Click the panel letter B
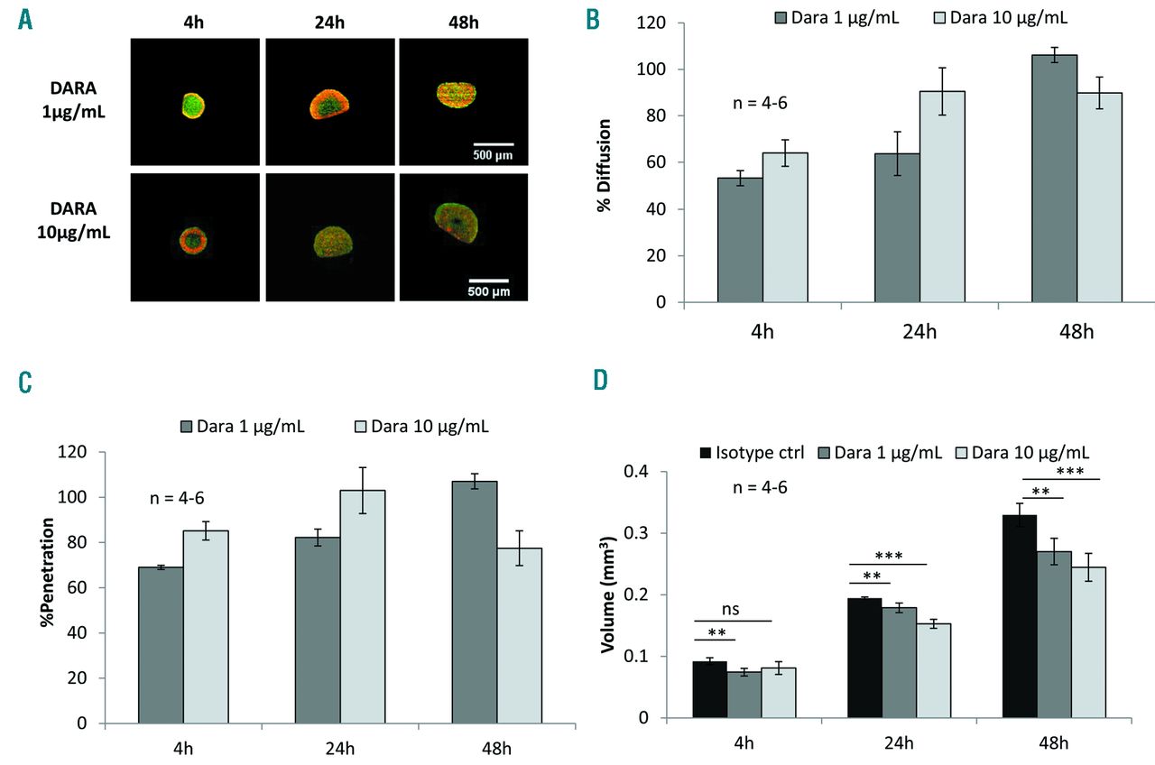pos(594,19)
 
